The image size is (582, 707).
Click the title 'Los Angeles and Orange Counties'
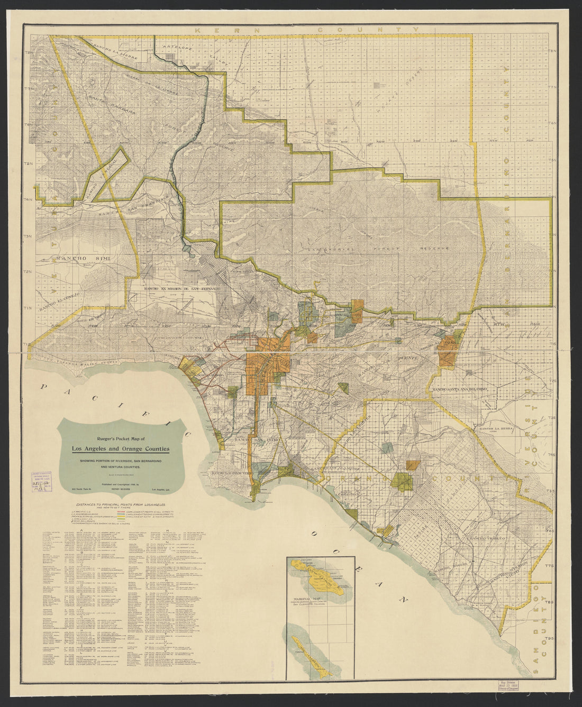[121, 449]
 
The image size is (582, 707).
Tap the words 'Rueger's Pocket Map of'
[121, 438]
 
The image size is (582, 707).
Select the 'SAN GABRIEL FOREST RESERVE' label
[379, 248]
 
